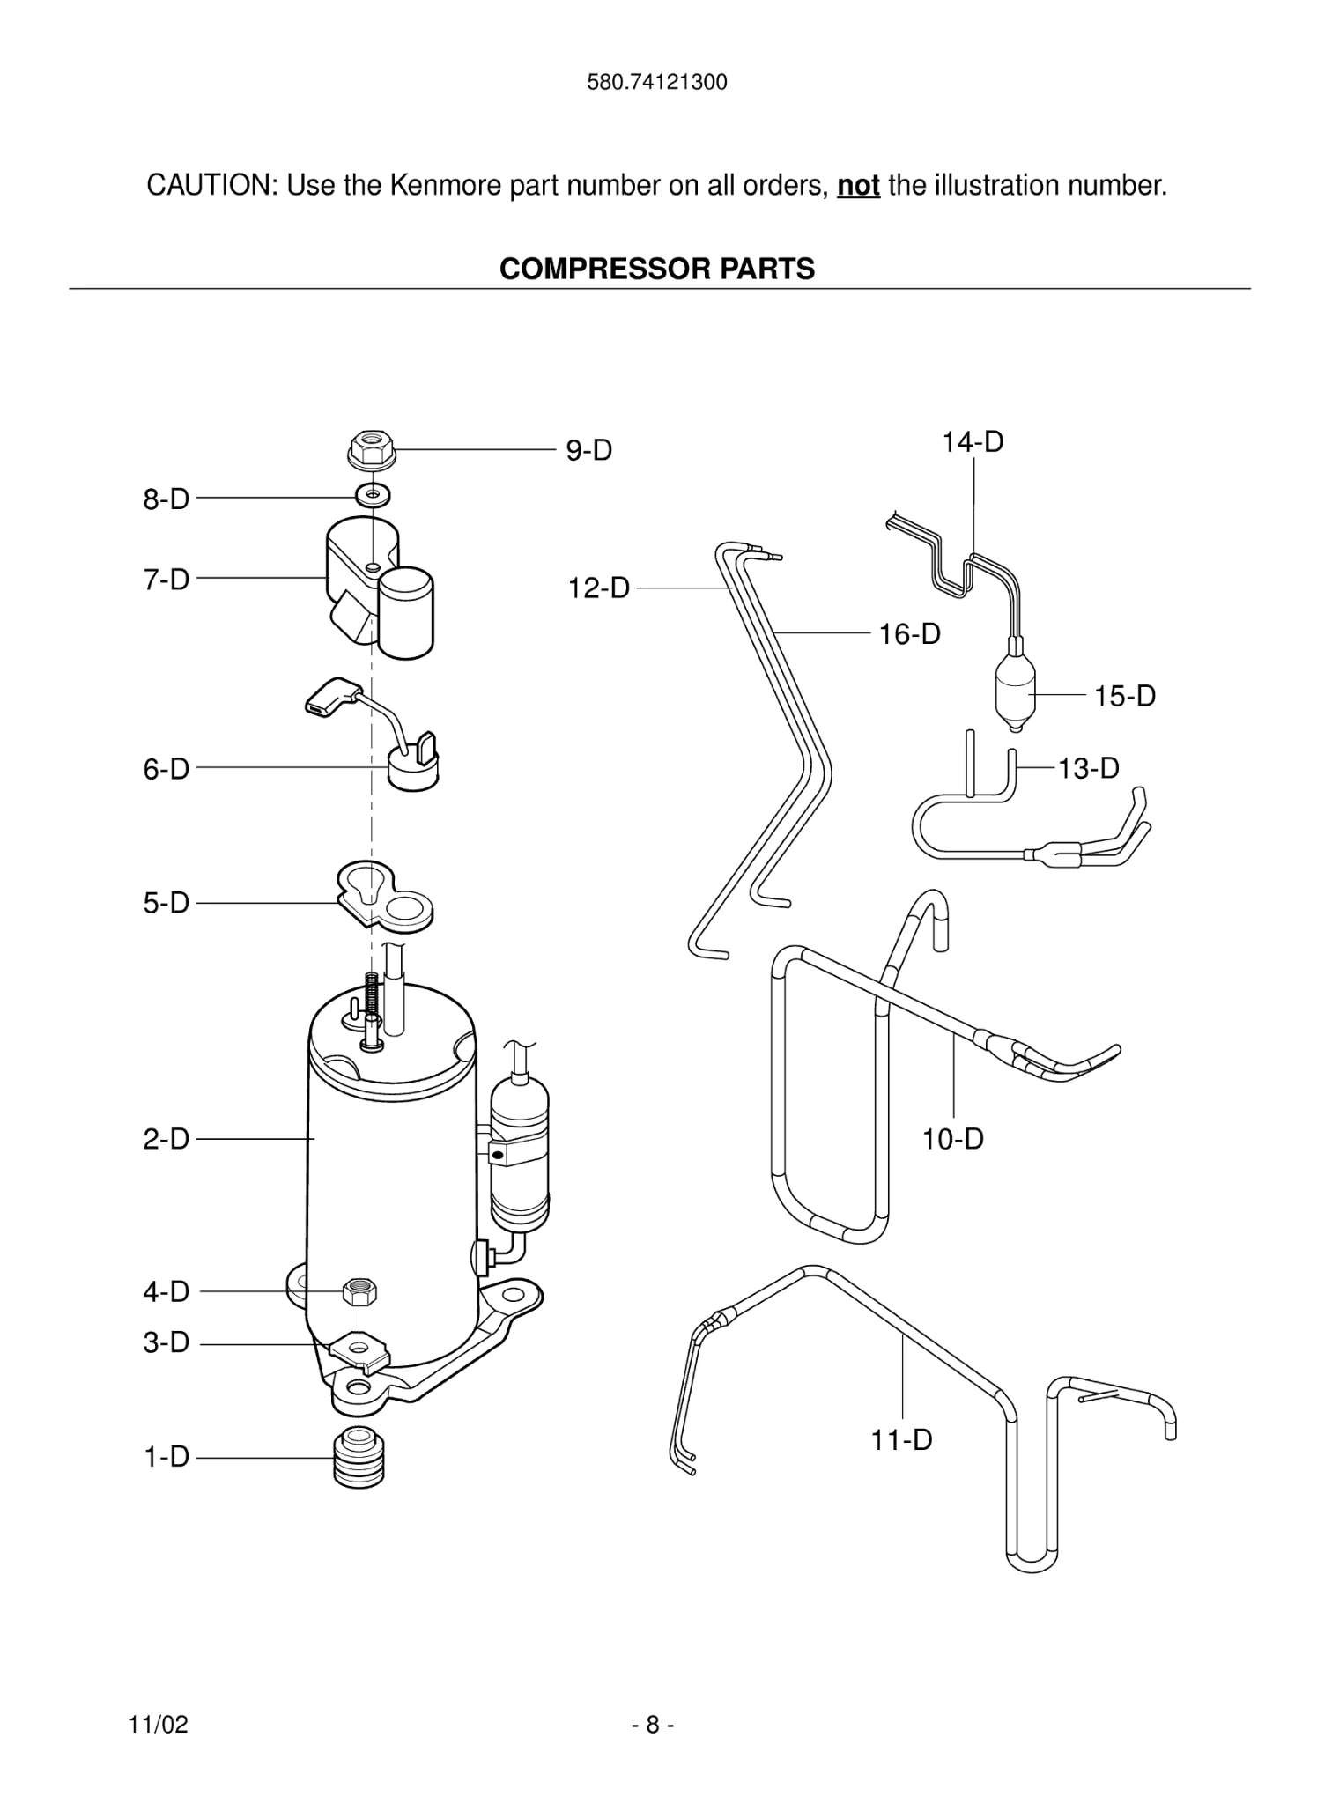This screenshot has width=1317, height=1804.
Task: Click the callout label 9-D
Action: coord(588,451)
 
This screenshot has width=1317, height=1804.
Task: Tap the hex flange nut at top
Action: coord(372,449)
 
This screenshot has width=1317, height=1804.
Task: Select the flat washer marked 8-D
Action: coord(374,495)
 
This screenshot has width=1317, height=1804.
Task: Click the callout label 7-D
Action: coord(166,580)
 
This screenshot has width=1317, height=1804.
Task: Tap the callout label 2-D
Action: coord(166,1139)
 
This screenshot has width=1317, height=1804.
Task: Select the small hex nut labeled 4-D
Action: coord(359,1292)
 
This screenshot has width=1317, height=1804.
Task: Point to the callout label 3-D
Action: coord(166,1342)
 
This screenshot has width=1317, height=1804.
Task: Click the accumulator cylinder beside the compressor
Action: coord(520,1154)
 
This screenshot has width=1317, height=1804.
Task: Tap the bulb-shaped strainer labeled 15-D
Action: coord(1015,693)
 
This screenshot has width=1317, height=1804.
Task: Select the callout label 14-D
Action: coord(973,441)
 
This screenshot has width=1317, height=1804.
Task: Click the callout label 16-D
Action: coord(909,633)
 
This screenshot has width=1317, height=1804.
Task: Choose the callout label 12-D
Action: coord(599,588)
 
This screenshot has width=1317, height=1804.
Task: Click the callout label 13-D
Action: coord(1088,768)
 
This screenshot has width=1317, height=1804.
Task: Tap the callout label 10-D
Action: coord(952,1139)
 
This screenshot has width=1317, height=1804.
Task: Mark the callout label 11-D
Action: coord(901,1440)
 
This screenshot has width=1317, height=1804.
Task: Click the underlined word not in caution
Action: coord(858,186)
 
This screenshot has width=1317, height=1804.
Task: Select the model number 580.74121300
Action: coord(657,83)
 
